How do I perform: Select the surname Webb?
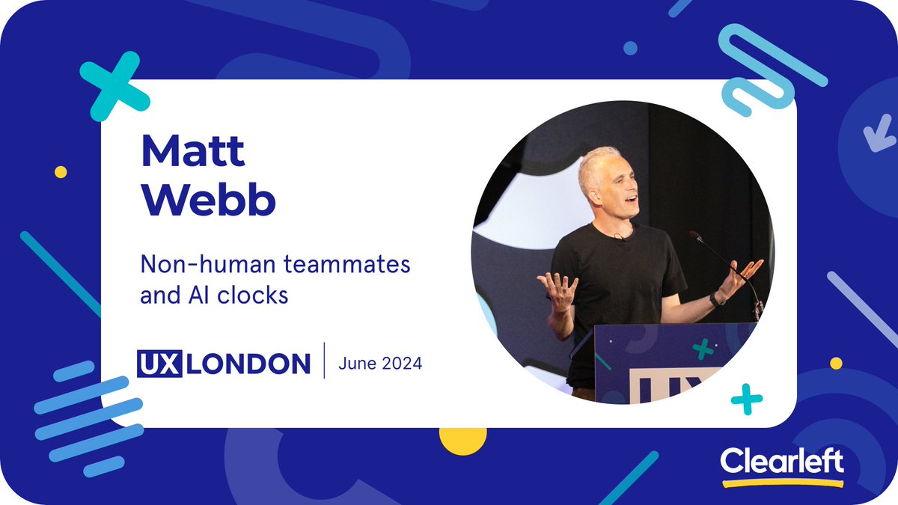pos(208,198)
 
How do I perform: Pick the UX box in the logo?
pos(159,364)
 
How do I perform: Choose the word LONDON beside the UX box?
pos(247,364)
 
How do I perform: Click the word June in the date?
pos(355,364)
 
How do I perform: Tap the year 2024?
pos(401,364)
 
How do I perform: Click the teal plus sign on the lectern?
pos(701,349)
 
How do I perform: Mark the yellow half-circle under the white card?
pos(462,441)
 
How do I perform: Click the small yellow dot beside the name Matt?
pos(61,172)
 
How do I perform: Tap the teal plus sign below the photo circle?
pos(746,399)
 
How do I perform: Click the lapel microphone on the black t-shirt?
pos(620,237)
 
